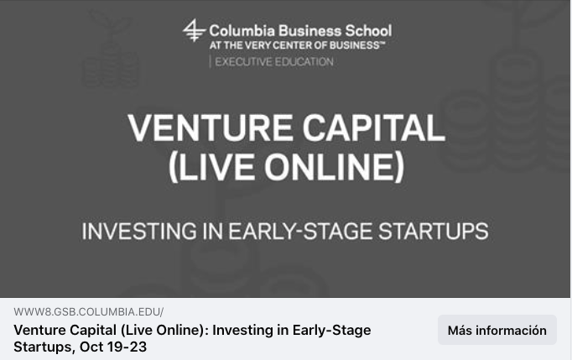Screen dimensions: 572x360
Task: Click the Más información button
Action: point(497,330)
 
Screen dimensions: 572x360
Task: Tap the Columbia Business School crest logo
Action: point(194,30)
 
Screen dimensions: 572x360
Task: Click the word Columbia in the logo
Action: point(242,31)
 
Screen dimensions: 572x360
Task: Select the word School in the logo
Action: point(368,31)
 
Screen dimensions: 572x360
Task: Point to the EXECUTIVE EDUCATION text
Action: point(274,62)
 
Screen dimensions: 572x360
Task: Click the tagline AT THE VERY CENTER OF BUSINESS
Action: point(297,45)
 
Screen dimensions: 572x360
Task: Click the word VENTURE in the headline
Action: point(211,128)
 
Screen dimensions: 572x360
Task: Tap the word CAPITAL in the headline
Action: point(374,128)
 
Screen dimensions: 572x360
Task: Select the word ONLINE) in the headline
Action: point(334,167)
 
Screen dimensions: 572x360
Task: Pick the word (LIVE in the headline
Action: point(211,167)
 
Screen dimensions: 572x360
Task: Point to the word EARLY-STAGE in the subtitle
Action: point(300,231)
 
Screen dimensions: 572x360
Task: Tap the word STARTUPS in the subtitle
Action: point(434,231)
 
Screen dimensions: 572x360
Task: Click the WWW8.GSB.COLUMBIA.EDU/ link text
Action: point(89,312)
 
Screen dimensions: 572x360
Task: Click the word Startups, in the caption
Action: point(44,347)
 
